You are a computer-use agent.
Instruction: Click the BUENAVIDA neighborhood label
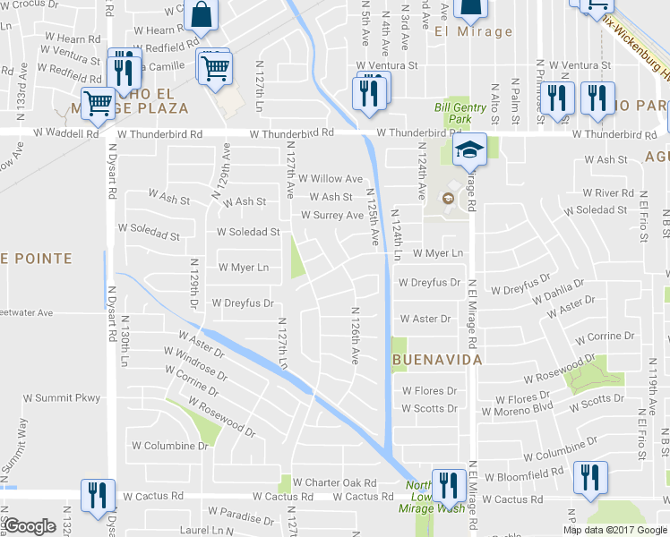pos(437,359)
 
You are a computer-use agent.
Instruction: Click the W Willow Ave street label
pos(331,179)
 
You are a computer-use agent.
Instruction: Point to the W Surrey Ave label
pos(331,216)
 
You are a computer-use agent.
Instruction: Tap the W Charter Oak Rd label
pos(335,482)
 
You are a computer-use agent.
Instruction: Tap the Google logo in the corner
pos(30,526)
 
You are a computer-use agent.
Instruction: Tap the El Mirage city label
pos(473,32)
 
